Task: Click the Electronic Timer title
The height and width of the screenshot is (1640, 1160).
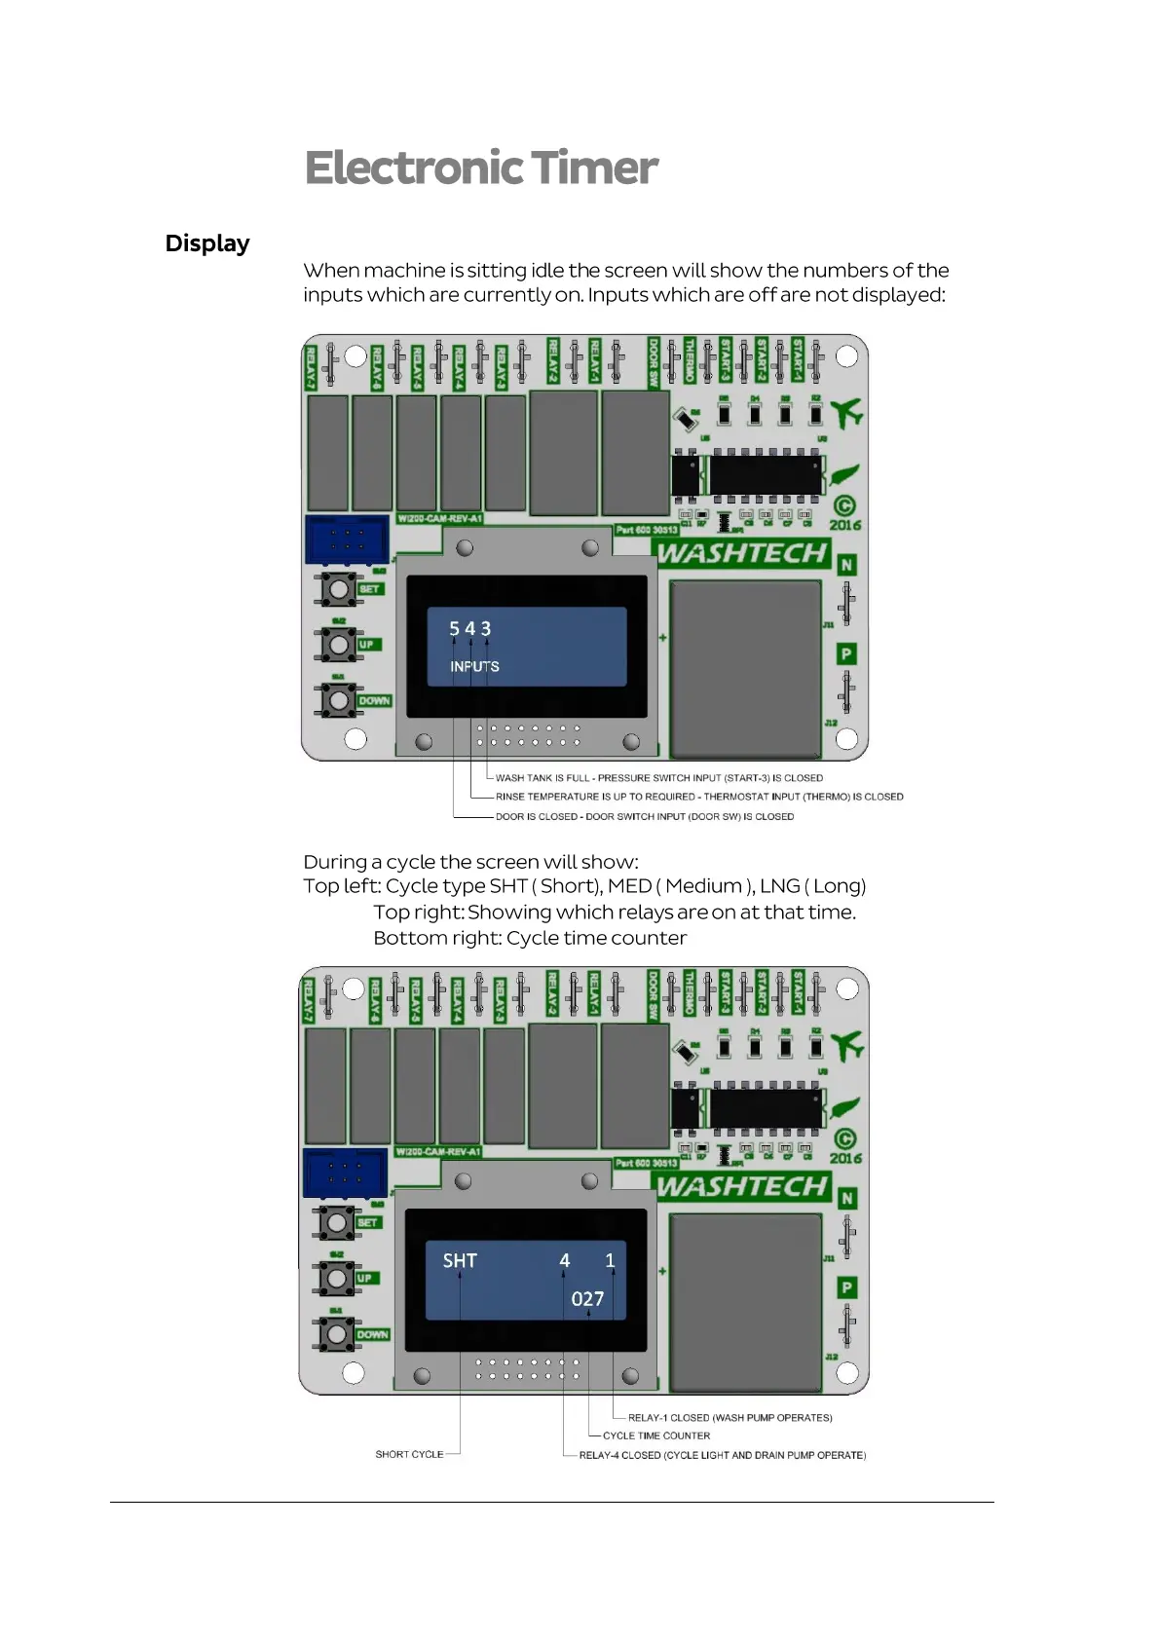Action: [x=481, y=168]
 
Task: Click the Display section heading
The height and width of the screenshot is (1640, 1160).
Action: [x=207, y=243]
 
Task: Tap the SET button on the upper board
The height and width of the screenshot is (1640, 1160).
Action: [x=338, y=588]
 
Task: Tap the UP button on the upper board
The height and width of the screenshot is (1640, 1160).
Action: [x=338, y=644]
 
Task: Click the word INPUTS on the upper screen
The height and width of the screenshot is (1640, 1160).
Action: [x=474, y=666]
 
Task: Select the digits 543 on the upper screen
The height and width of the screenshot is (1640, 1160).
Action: [x=469, y=629]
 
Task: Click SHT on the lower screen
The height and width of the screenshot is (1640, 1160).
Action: [x=460, y=1261]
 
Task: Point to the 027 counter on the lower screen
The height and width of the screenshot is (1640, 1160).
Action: [x=587, y=1299]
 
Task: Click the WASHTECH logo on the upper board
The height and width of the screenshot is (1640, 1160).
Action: [x=742, y=553]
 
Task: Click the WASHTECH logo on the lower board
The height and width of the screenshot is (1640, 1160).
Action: [x=742, y=1186]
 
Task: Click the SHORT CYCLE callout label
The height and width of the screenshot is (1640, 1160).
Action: [x=409, y=1454]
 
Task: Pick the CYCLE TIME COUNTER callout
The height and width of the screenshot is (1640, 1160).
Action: [x=656, y=1435]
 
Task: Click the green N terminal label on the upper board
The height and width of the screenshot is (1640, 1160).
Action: [x=846, y=565]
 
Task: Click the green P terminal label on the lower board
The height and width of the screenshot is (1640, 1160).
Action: [x=847, y=1287]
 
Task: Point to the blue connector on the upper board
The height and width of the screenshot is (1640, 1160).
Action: [x=346, y=540]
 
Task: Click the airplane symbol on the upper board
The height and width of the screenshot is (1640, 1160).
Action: [x=846, y=413]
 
